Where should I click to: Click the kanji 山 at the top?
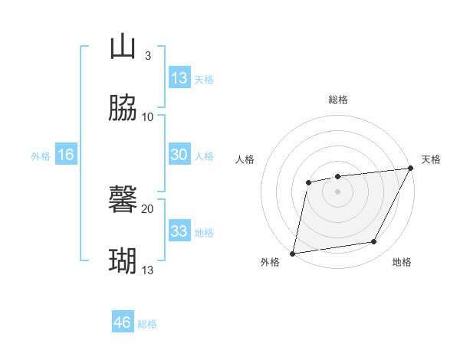coord(123,47)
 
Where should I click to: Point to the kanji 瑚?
coord(123,261)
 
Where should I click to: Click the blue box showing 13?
coord(179,78)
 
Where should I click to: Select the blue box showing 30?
coord(179,155)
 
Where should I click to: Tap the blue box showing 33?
coord(179,231)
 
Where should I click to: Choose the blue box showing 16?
coord(66,155)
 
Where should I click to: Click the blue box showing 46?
coord(123,322)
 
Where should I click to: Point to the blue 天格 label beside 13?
coord(204,80)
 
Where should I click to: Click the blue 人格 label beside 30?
coord(204,156)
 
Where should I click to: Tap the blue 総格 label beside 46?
coord(147,324)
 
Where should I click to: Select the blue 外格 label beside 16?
coord(41,156)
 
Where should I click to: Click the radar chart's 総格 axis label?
coord(338,100)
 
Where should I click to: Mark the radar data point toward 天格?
coord(412,169)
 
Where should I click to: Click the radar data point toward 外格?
coord(293,253)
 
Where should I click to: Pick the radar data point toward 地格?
coord(374,242)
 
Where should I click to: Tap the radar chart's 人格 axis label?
coord(245,159)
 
